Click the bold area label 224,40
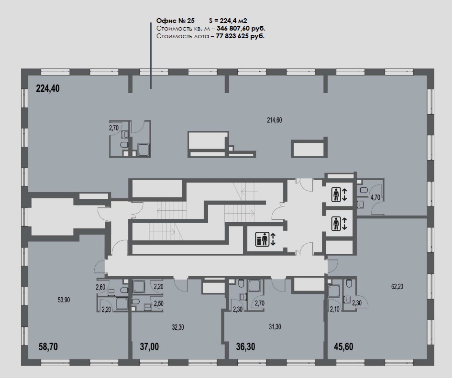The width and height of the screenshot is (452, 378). pyautogui.click(x=48, y=88)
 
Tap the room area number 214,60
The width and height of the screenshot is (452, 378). pyautogui.click(x=275, y=120)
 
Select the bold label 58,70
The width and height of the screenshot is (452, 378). pyautogui.click(x=48, y=346)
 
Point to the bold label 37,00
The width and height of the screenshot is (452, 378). pyautogui.click(x=149, y=346)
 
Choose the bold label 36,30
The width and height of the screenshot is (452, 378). pyautogui.click(x=245, y=346)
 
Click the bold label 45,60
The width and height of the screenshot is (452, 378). pyautogui.click(x=343, y=346)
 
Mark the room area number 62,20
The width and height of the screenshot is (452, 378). pyautogui.click(x=397, y=287)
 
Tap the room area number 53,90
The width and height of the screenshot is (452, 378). pyautogui.click(x=64, y=300)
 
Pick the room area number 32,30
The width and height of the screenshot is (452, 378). pyautogui.click(x=178, y=327)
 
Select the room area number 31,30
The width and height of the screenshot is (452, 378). pyautogui.click(x=275, y=327)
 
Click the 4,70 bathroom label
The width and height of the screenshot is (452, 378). pyautogui.click(x=375, y=198)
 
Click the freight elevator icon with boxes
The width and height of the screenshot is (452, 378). pyautogui.click(x=262, y=239)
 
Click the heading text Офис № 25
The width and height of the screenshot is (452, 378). pyautogui.click(x=175, y=21)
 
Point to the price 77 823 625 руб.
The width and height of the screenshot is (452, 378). pyautogui.click(x=240, y=36)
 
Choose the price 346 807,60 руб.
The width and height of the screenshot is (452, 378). pyautogui.click(x=241, y=29)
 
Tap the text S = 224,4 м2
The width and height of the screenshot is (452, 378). pyautogui.click(x=228, y=21)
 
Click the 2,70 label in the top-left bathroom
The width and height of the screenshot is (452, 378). pyautogui.click(x=114, y=128)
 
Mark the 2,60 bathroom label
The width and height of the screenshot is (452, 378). pyautogui.click(x=100, y=287)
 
